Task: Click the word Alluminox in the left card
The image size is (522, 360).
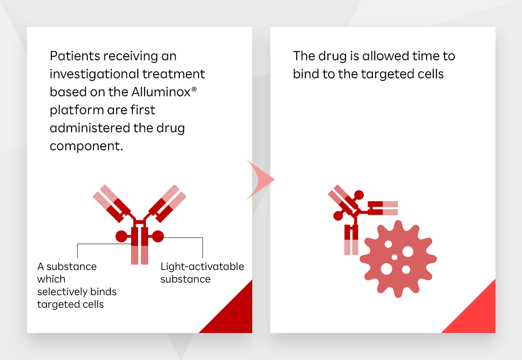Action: tap(161, 92)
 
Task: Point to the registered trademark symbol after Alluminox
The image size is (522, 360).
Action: tap(194, 89)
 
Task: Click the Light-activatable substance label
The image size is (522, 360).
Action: tap(202, 273)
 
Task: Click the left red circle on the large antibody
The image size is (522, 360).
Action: tap(121, 237)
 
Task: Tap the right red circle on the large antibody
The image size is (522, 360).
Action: tap(158, 237)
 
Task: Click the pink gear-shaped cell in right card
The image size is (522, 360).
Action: tap(398, 258)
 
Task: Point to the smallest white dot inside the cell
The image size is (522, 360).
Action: tap(395, 257)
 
